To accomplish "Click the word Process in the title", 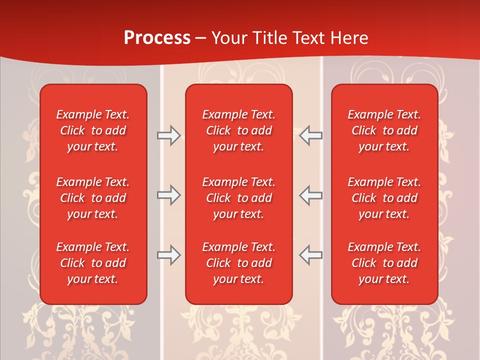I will point(157,38).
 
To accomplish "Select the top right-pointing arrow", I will point(168,135).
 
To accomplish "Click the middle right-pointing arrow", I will point(168,195).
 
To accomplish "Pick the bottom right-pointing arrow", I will point(168,255).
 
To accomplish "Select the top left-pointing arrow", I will point(311,135).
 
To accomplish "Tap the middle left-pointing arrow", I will point(311,195).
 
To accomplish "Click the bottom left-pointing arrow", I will point(311,255).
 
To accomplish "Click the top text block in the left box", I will point(93,130).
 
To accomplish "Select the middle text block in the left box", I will point(93,198).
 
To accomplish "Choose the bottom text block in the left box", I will point(93,263).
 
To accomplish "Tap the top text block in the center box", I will point(239,130).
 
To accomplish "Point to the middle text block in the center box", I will point(239,198).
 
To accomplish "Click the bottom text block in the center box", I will point(239,263).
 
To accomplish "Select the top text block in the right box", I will point(384,130).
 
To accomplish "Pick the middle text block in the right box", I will point(384,198).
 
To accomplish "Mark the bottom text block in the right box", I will point(384,263).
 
